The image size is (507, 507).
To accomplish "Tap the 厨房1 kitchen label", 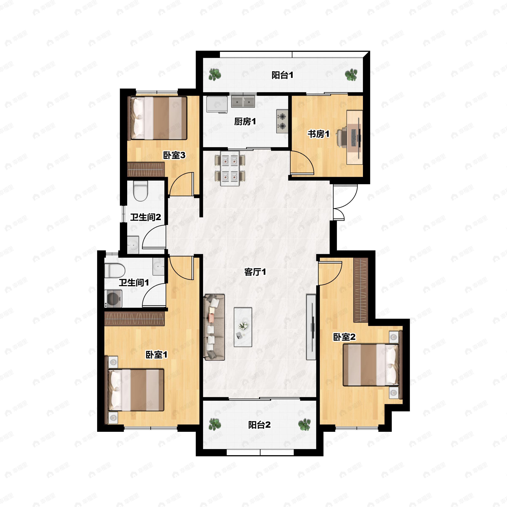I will pyautogui.click(x=245, y=122).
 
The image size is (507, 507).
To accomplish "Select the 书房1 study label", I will pyautogui.click(x=318, y=134).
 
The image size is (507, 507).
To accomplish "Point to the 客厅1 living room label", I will pyautogui.click(x=255, y=272).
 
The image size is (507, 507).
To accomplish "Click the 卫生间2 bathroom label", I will pyautogui.click(x=145, y=217).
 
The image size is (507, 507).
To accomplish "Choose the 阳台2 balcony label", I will pyautogui.click(x=259, y=425).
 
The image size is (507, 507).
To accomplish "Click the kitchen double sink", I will pyautogui.click(x=243, y=102).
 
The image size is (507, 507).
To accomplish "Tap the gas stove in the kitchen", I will pyautogui.click(x=282, y=121).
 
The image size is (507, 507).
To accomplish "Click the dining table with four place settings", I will pyautogui.click(x=230, y=168).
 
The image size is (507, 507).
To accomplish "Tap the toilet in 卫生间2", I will pyautogui.click(x=140, y=191).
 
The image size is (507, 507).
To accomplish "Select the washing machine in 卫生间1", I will pyautogui.click(x=114, y=298).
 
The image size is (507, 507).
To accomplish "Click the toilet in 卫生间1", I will pyautogui.click(x=114, y=271).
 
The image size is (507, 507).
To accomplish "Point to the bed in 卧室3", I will pyautogui.click(x=157, y=118).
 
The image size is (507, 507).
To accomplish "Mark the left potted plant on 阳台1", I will pyautogui.click(x=215, y=75).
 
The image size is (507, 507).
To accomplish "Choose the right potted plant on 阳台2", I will pyautogui.click(x=304, y=424).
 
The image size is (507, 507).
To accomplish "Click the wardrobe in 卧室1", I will pyautogui.click(x=134, y=319).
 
